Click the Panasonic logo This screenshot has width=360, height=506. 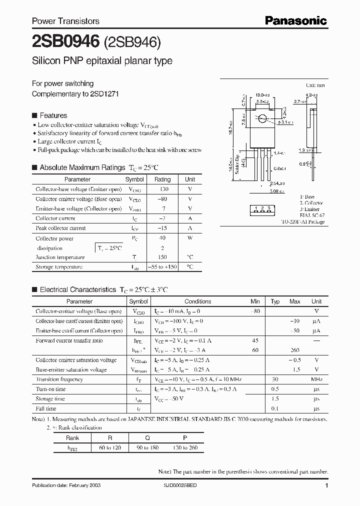[295, 20]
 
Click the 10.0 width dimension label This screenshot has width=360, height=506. [261, 94]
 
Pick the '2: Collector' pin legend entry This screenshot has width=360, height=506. [311, 203]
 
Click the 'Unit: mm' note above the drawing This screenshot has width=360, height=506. [316, 86]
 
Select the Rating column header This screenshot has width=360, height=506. [162, 179]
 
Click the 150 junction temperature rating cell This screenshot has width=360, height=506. [162, 257]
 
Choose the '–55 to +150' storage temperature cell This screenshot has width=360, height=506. [162, 267]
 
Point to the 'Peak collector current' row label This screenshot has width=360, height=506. [60, 228]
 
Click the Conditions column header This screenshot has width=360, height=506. [198, 301]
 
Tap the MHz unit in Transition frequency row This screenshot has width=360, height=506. [316, 379]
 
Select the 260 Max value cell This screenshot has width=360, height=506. [294, 350]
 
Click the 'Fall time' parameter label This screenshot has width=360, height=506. [46, 408]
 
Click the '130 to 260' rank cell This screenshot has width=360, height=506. [185, 447]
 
